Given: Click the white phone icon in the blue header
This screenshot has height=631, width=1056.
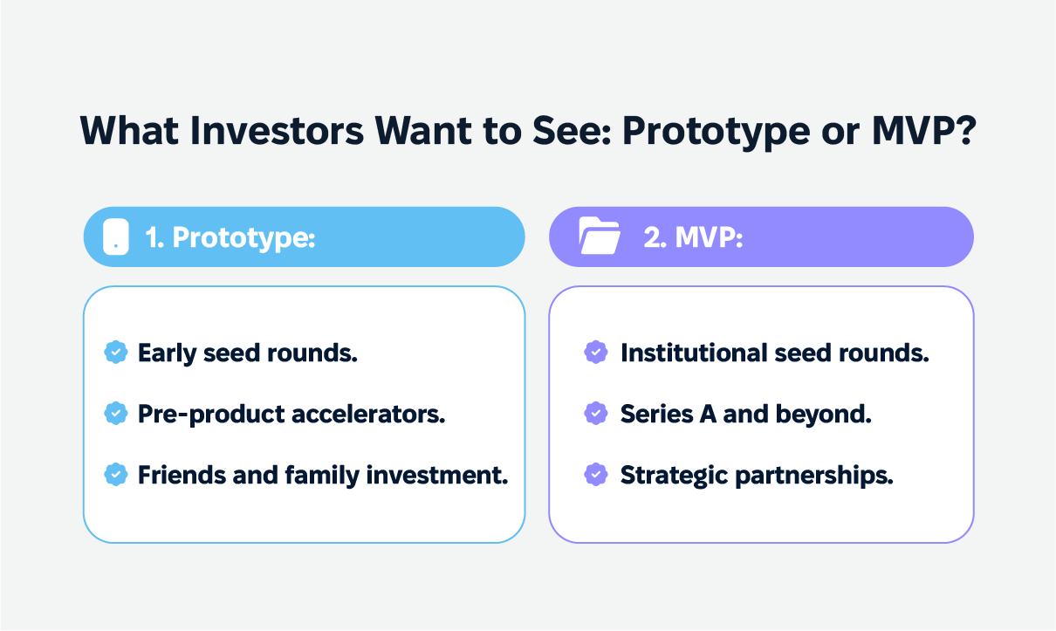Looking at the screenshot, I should point(115,237).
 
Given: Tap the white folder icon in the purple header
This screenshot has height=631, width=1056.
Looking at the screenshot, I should point(599,237).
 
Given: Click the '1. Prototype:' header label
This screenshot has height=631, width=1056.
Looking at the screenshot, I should point(230,237).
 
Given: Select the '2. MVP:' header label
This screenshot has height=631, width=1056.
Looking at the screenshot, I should point(693,237).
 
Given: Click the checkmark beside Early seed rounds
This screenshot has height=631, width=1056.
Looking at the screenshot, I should point(115,353).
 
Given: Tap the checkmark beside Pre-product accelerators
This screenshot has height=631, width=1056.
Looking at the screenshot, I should point(115,414).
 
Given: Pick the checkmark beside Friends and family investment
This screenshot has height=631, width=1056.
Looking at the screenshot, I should point(115,475).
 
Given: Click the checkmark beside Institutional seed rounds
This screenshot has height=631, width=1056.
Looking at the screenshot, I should point(595,353).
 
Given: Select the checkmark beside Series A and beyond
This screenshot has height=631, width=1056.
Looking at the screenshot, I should point(595,414).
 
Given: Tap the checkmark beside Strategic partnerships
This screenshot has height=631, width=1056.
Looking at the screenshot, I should point(595,475).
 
